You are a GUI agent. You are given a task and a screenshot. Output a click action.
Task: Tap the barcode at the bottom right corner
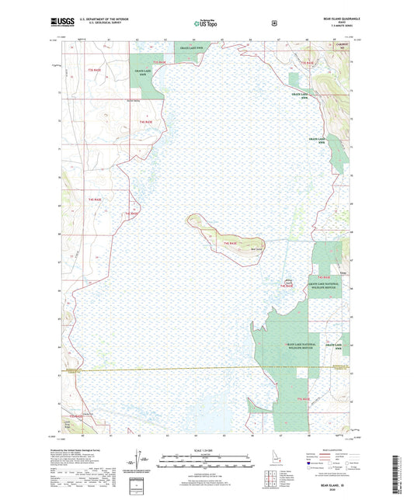click(401, 477)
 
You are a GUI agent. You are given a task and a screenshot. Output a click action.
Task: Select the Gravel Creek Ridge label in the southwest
click(75, 420)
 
